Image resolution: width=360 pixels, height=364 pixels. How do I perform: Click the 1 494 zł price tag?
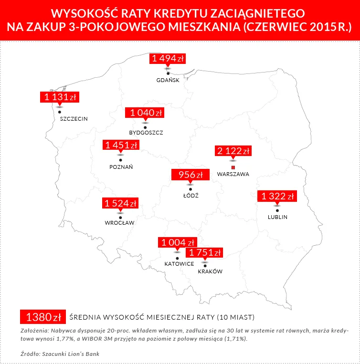(168, 59)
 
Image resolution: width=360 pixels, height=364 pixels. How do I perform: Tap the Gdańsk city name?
(168, 80)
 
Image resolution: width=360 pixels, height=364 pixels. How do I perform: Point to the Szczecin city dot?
(60, 112)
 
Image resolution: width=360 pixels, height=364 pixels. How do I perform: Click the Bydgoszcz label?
(146, 132)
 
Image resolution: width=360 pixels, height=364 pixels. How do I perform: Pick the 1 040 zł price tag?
(145, 113)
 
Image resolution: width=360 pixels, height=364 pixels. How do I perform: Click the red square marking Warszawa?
(233, 167)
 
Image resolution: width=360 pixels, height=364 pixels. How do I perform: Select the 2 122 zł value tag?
(233, 151)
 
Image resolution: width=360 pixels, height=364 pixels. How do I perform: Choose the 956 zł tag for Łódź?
(191, 175)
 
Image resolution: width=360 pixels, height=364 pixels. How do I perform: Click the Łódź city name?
(191, 196)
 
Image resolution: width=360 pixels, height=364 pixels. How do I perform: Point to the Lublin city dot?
(277, 210)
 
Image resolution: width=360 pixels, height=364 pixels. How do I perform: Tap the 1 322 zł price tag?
(277, 196)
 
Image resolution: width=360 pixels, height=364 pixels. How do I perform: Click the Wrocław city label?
(119, 223)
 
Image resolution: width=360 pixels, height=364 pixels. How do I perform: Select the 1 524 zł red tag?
(120, 203)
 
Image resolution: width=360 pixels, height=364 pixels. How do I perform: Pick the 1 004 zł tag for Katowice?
(178, 242)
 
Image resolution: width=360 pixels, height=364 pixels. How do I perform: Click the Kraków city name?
(210, 271)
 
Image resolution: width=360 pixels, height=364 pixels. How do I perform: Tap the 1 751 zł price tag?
(205, 252)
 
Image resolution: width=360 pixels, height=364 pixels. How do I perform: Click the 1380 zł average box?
(42, 317)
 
